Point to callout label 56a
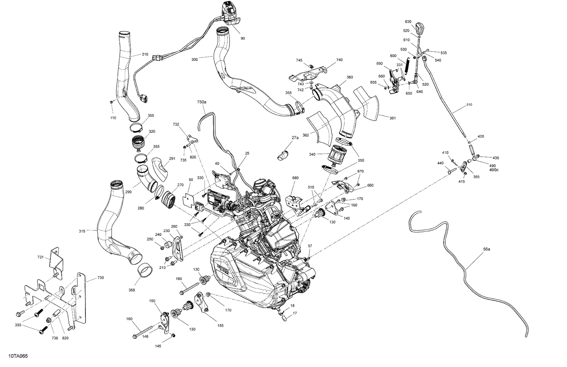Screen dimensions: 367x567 click(486, 249)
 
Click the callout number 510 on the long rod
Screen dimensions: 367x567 click(469, 105)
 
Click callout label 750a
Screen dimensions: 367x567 click(202, 102)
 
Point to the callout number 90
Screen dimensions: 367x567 click(242, 39)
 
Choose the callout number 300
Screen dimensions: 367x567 click(194, 59)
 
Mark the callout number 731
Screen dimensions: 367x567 click(41, 257)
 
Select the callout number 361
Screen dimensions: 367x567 click(392, 118)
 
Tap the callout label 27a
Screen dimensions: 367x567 click(295, 138)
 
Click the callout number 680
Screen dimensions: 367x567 click(295, 178)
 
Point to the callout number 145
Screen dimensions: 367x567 click(158, 346)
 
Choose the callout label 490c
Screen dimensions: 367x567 click(494, 170)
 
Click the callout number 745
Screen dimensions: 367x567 click(299, 60)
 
